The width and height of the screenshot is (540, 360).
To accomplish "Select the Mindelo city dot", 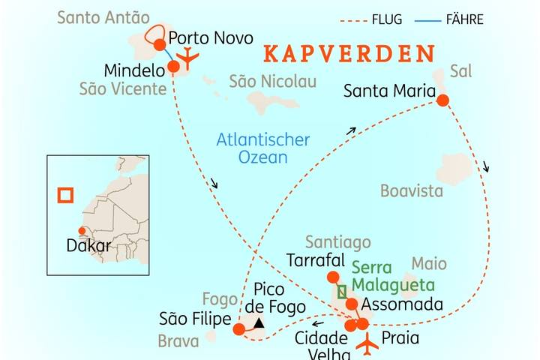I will (174, 67).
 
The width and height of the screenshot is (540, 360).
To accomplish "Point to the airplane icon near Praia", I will (367, 344).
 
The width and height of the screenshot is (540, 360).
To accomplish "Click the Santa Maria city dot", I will (442, 100).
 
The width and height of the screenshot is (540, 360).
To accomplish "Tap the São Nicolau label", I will (272, 81).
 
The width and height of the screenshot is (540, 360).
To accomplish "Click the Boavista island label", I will (412, 190).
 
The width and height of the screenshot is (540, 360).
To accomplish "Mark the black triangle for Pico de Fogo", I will (259, 323).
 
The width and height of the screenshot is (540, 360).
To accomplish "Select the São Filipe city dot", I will (238, 328).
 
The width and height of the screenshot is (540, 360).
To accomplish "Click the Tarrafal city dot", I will (333, 277).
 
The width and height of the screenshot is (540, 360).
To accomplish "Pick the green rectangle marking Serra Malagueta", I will (343, 292).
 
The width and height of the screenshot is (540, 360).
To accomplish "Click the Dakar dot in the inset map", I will (80, 231).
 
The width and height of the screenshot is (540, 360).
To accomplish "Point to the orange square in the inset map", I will (66, 195).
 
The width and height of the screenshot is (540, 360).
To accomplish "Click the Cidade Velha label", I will (321, 344).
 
